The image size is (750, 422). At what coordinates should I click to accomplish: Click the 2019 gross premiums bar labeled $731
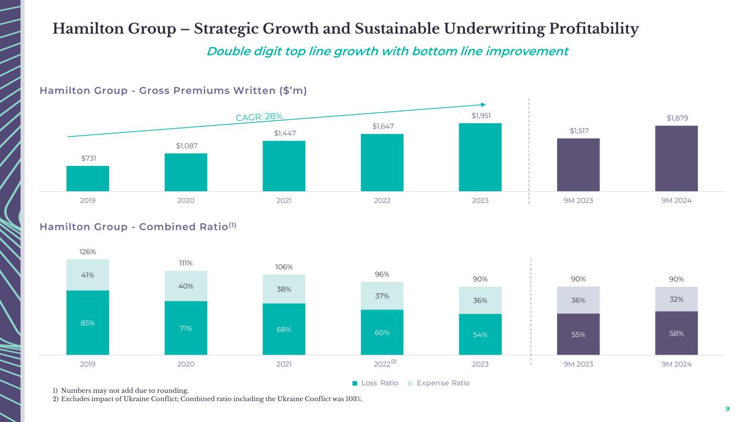pyautogui.click(x=88, y=179)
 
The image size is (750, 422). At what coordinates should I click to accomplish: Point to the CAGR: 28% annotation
pyautogui.click(x=259, y=116)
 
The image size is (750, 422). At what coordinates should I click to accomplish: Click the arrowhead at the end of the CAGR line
pyautogui.click(x=483, y=104)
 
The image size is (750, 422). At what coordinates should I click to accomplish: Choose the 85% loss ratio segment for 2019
pyautogui.click(x=88, y=323)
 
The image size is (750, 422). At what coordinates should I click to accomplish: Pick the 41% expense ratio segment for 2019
pyautogui.click(x=88, y=275)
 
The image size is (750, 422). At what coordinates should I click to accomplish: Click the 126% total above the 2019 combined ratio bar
pyautogui.click(x=88, y=252)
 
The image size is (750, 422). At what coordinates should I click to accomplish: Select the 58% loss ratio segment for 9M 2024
pyautogui.click(x=676, y=333)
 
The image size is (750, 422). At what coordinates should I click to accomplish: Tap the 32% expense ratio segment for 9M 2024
pyautogui.click(x=676, y=299)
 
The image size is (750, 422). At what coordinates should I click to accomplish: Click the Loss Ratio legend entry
pyautogui.click(x=376, y=383)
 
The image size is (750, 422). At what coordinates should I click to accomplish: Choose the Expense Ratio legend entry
pyautogui.click(x=440, y=383)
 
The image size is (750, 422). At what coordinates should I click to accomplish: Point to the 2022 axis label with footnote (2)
pyautogui.click(x=385, y=364)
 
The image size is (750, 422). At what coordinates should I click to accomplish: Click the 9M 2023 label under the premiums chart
pyautogui.click(x=578, y=201)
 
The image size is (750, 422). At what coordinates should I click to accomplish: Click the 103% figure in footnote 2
pyautogui.click(x=353, y=399)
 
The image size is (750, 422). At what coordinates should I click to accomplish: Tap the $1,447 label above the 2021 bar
pyautogui.click(x=284, y=133)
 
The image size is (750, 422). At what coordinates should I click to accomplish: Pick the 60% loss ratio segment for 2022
pyautogui.click(x=382, y=332)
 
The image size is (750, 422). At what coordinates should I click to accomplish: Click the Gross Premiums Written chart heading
pyautogui.click(x=173, y=90)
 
